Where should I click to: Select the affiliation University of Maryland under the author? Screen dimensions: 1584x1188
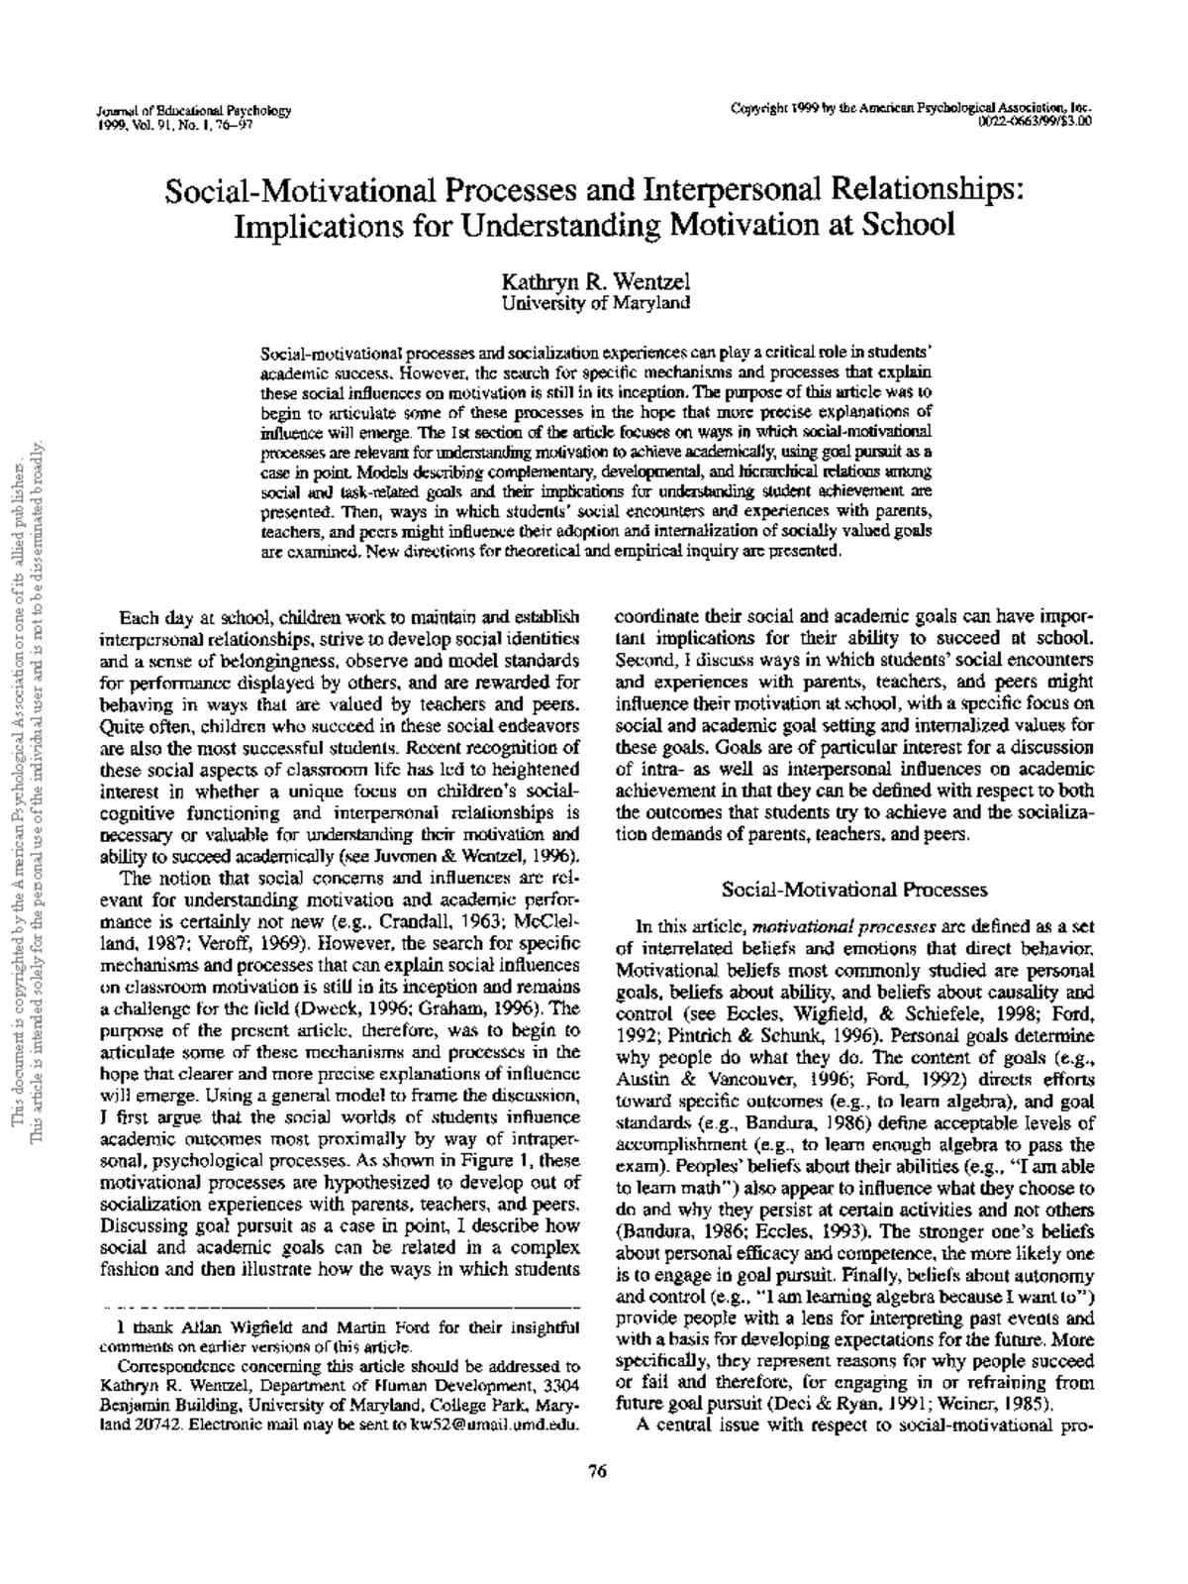pyautogui.click(x=594, y=303)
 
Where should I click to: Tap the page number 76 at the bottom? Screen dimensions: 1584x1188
pyautogui.click(x=596, y=1471)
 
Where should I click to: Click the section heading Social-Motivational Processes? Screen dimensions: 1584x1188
pyautogui.click(x=854, y=890)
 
